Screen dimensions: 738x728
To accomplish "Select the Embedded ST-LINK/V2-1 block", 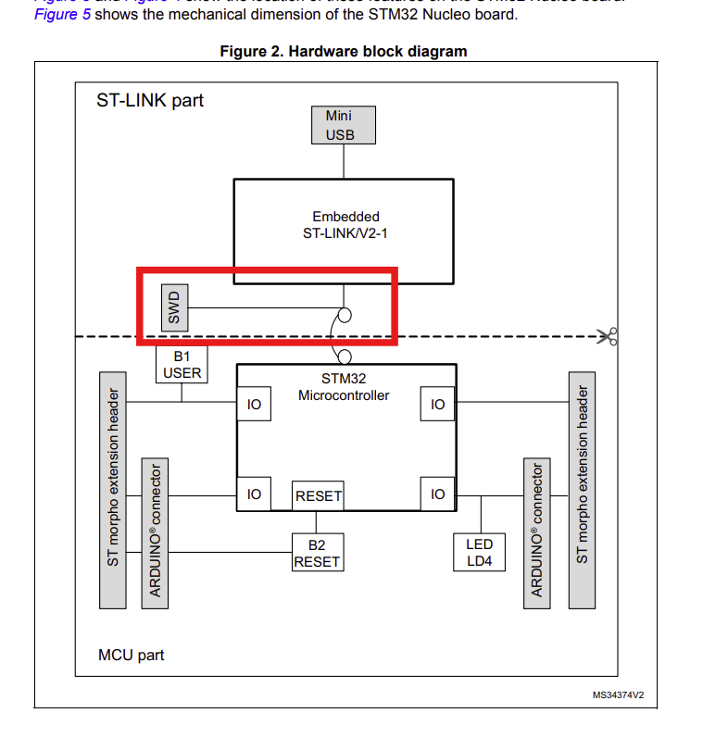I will pos(344,225).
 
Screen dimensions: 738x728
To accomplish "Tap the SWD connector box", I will pos(173,307).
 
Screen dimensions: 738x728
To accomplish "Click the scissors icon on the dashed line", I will pos(608,337).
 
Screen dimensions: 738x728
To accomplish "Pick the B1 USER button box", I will pos(182,365).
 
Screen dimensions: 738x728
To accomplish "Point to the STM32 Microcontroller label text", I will pos(344,387).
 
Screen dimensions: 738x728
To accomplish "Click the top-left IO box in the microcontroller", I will pos(254,405).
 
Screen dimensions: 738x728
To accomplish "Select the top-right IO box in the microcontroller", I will pos(438,405).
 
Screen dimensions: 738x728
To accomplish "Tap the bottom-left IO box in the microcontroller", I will pos(254,494).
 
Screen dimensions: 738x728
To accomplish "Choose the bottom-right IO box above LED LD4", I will pos(438,494).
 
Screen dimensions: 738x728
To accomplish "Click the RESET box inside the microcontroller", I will pos(319,496).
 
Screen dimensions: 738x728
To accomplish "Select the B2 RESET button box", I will pos(318,553).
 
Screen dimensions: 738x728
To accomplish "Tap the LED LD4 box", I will pos(480,553).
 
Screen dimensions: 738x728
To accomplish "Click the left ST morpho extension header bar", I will pos(112,491).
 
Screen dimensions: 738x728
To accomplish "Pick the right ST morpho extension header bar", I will pos(582,491).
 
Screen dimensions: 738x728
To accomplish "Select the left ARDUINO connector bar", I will pos(155,532).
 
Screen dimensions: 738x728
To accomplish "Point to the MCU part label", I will pos(131,656).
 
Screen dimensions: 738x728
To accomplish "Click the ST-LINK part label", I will pos(150,100).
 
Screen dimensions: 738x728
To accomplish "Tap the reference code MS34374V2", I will pos(618,694).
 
